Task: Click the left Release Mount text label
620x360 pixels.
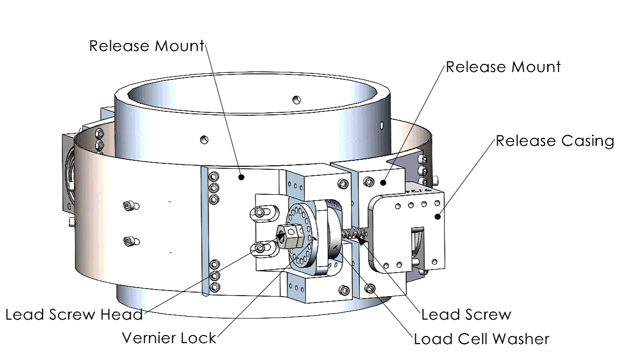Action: (146, 46)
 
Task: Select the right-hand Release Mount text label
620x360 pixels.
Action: (503, 67)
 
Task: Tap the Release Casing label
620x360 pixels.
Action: (555, 141)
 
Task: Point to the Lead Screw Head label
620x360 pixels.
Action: (74, 315)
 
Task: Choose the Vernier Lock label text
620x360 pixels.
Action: (169, 338)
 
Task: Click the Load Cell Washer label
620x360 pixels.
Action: (482, 340)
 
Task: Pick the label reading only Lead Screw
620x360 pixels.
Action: (466, 315)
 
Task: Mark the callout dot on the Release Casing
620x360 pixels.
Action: (438, 216)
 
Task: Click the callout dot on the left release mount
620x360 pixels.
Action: (241, 177)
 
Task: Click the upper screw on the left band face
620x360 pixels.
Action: (130, 205)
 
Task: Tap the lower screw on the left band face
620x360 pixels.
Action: (129, 242)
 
